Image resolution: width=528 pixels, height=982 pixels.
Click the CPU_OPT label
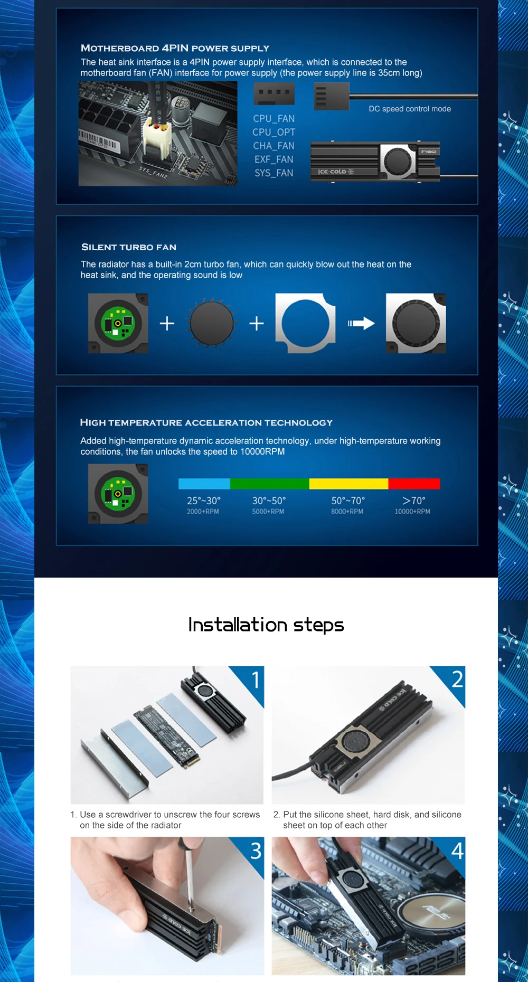[x=274, y=132]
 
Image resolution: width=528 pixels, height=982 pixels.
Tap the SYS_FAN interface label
[x=274, y=173]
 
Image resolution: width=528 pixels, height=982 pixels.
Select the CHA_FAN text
[x=274, y=146]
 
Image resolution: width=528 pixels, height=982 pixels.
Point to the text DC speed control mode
[x=410, y=109]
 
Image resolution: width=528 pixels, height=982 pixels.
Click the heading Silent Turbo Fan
[x=129, y=247]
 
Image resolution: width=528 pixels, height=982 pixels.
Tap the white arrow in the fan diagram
[x=361, y=323]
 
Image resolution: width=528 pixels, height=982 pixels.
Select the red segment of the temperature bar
[x=414, y=484]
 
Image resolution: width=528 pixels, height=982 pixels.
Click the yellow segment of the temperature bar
[x=348, y=484]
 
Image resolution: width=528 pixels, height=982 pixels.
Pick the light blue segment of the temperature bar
[x=204, y=484]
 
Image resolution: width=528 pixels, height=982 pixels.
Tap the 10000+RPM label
[x=412, y=512]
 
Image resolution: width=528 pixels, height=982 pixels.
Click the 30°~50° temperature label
[x=269, y=501]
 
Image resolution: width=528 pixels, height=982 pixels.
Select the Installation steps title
[x=266, y=625]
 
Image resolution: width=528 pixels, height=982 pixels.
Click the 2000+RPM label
[x=203, y=512]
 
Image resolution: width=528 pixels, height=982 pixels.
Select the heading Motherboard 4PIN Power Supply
[x=175, y=48]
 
